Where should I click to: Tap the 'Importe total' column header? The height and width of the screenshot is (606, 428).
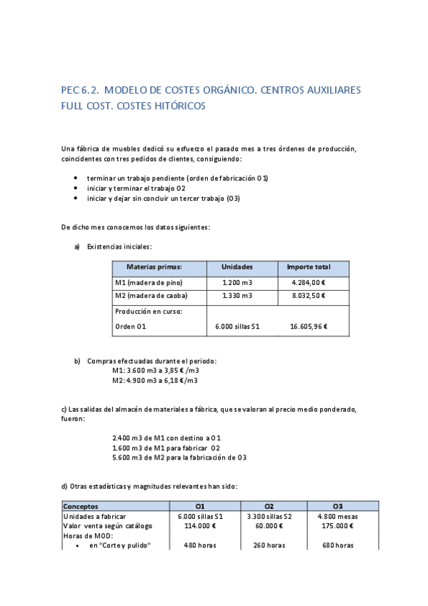point(308,267)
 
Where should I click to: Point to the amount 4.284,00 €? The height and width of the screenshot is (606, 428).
point(308,282)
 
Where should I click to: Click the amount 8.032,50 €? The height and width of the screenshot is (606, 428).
point(308,296)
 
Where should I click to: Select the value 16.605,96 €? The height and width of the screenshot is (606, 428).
point(308,327)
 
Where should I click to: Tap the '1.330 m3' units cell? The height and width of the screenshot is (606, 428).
point(237,296)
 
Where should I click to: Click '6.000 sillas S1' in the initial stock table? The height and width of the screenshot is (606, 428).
point(237,327)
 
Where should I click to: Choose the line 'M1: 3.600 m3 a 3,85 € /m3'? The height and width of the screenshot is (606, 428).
point(155,371)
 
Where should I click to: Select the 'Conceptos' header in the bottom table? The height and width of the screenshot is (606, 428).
point(81,507)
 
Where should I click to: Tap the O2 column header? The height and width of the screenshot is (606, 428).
point(269,507)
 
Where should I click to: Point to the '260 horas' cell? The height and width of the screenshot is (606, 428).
point(269,545)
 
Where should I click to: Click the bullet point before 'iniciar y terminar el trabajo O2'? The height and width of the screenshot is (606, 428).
point(76,188)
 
